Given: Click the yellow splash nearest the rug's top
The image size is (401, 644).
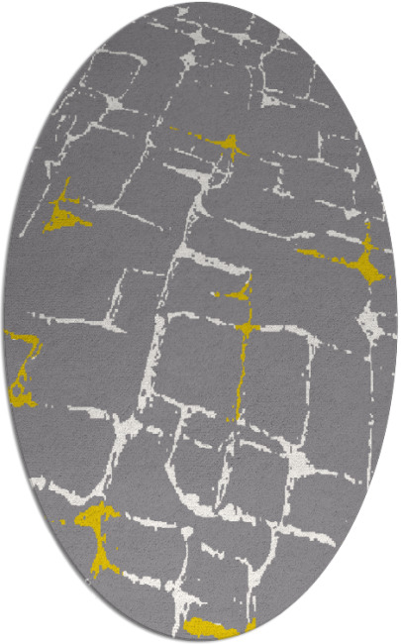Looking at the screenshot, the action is coord(231,146).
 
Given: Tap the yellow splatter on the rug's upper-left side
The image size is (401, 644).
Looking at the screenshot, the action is coord(64,214).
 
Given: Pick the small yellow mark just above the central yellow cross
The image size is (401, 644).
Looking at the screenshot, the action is coord(238,293).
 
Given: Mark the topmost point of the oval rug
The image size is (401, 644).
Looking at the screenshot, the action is coord(200,3).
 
